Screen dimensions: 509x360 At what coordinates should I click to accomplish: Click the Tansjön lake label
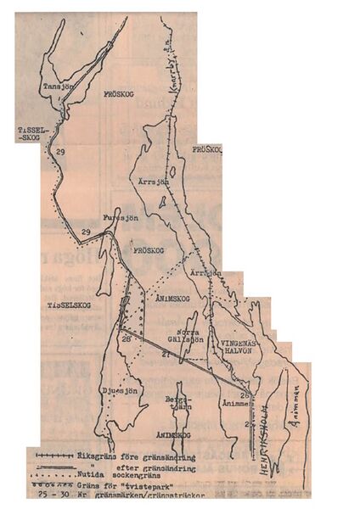click(x=58, y=86)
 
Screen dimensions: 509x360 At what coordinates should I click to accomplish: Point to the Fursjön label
click(x=120, y=216)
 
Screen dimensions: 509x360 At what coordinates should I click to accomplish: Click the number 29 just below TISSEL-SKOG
click(x=59, y=150)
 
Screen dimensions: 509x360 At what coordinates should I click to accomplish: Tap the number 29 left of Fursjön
click(x=85, y=232)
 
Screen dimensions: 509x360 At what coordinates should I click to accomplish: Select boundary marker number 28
click(x=126, y=340)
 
